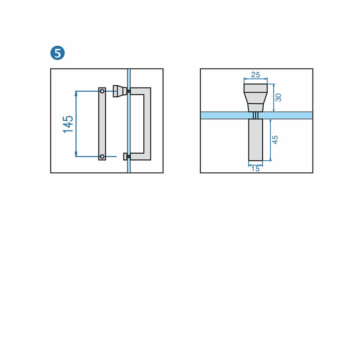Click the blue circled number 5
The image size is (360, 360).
[57, 53]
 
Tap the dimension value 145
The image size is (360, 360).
[68, 124]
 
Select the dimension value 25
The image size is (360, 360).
[256, 75]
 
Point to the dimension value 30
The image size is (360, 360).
[278, 97]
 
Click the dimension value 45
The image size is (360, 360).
[276, 140]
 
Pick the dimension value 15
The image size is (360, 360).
[256, 169]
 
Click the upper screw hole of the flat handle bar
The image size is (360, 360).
[102, 91]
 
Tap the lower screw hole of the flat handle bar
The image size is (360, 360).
[102, 156]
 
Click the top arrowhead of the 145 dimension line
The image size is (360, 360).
[76, 92]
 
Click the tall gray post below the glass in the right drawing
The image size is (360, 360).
[256, 140]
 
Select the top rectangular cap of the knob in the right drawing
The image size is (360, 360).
[256, 88]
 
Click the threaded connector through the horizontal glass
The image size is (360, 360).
[256, 115]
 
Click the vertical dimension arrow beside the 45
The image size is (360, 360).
[270, 140]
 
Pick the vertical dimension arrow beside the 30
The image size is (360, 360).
[274, 98]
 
